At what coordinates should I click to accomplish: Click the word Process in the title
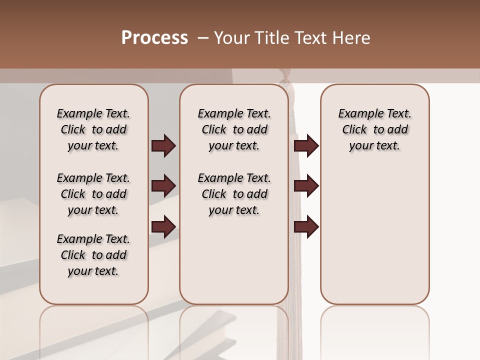154,38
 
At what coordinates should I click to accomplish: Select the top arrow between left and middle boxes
163,146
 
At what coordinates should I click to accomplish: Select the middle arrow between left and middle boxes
163,186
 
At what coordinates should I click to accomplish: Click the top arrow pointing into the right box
306,146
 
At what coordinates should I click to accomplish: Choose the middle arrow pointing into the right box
306,186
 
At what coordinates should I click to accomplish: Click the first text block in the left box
93,129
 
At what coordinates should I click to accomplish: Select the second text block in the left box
93,194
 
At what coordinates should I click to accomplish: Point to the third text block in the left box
93,255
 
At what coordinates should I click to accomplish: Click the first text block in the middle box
234,129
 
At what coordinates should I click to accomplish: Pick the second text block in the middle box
234,194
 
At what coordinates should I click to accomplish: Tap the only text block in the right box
375,129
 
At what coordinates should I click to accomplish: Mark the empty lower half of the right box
375,235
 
